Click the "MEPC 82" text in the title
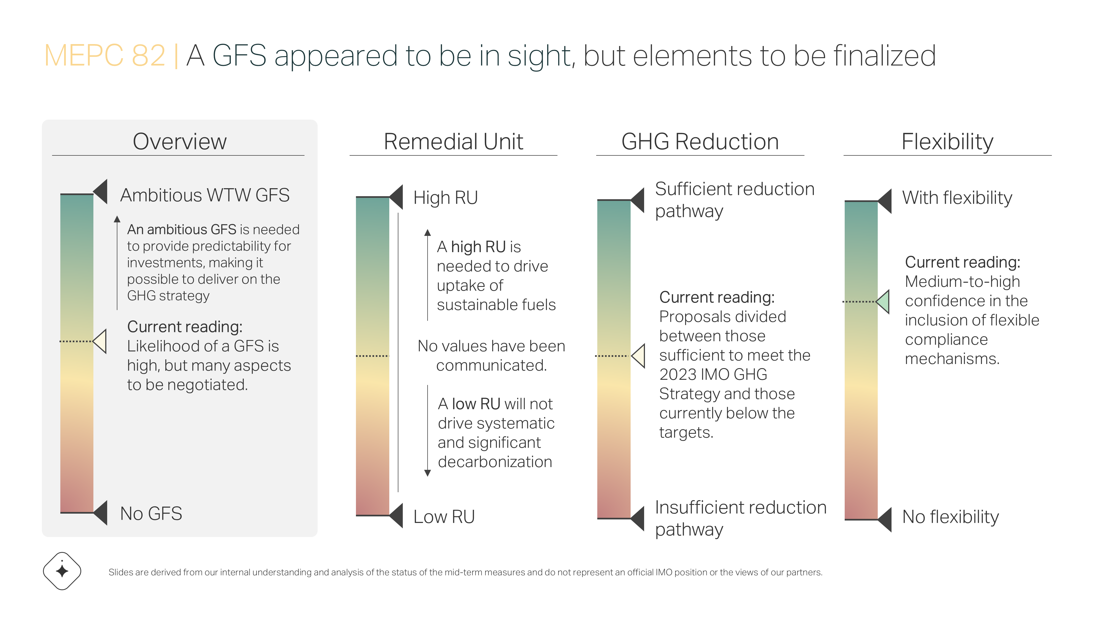pos(105,56)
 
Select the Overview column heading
pos(180,142)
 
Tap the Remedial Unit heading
pos(453,142)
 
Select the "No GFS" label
pos(151,513)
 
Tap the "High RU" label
pos(445,198)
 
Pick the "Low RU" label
pos(444,516)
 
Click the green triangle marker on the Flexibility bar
pos(883,302)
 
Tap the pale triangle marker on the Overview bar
pos(100,341)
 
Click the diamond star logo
pos(62,571)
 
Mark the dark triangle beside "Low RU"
pos(396,516)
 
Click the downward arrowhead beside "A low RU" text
pos(427,473)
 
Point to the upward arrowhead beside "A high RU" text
pos(427,233)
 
